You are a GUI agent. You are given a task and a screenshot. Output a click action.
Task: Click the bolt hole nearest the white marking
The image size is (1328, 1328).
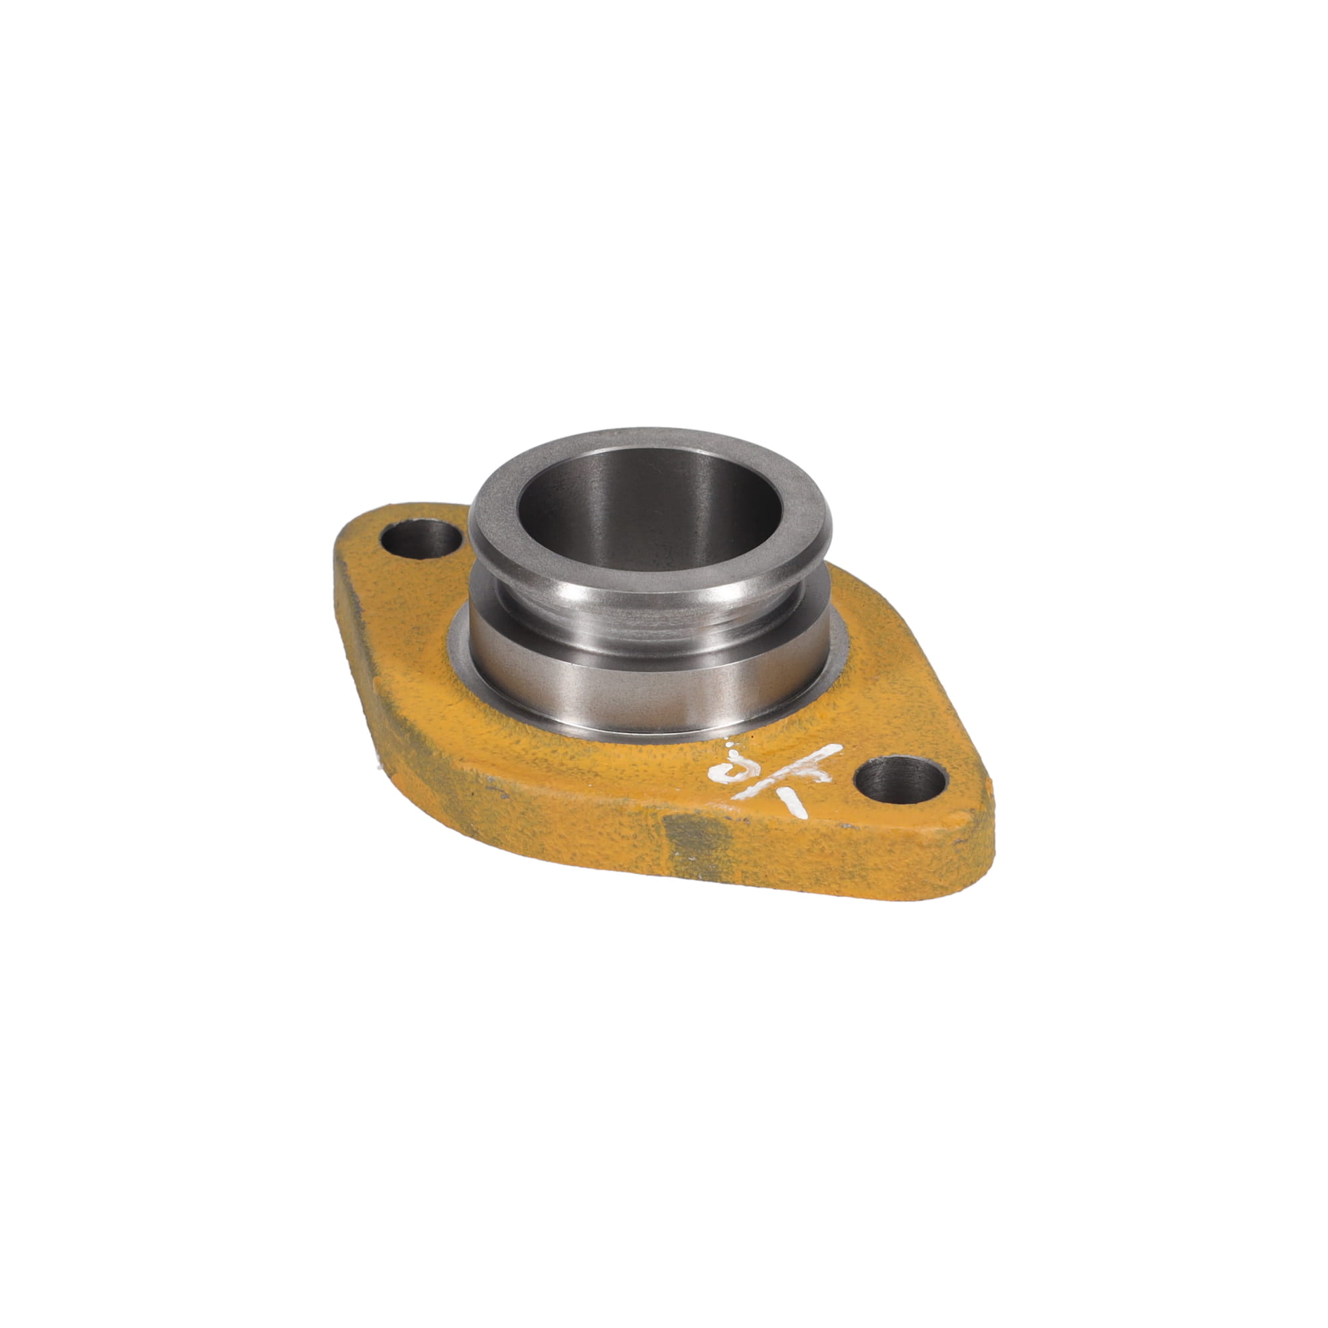900,780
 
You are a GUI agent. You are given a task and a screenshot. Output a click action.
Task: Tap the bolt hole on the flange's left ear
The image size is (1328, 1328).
422,539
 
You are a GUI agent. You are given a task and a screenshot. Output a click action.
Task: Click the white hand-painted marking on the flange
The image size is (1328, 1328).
777,773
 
